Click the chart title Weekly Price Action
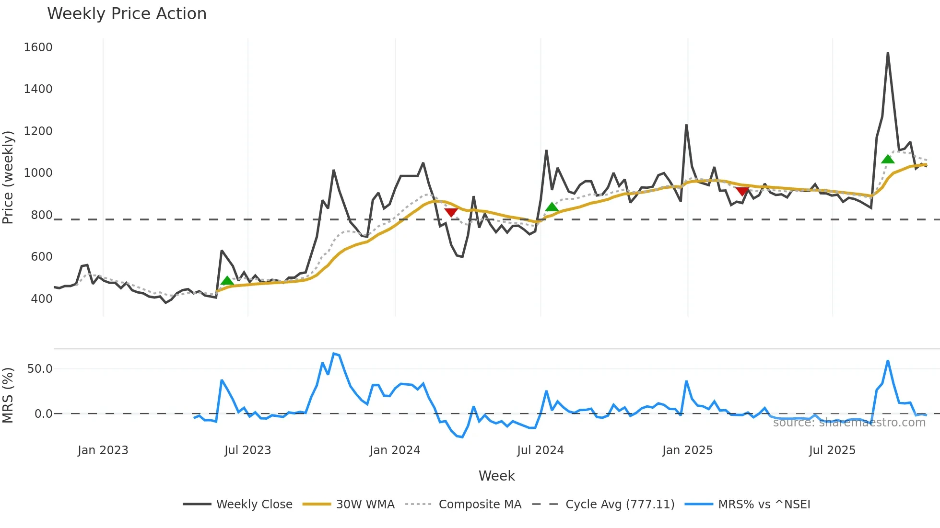click(x=127, y=14)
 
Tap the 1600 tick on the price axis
click(x=38, y=47)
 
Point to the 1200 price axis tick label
click(x=38, y=131)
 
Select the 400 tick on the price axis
click(x=41, y=298)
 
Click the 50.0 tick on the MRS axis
click(x=40, y=368)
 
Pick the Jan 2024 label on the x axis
click(x=395, y=450)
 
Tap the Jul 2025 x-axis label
click(x=832, y=450)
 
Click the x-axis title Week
click(x=496, y=476)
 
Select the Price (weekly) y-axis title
click(x=8, y=177)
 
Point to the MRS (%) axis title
click(x=8, y=395)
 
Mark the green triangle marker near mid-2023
click(x=227, y=281)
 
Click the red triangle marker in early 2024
click(x=451, y=212)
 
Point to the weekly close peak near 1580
click(x=888, y=53)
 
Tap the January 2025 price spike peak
click(x=686, y=125)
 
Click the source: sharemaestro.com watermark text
click(x=849, y=422)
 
